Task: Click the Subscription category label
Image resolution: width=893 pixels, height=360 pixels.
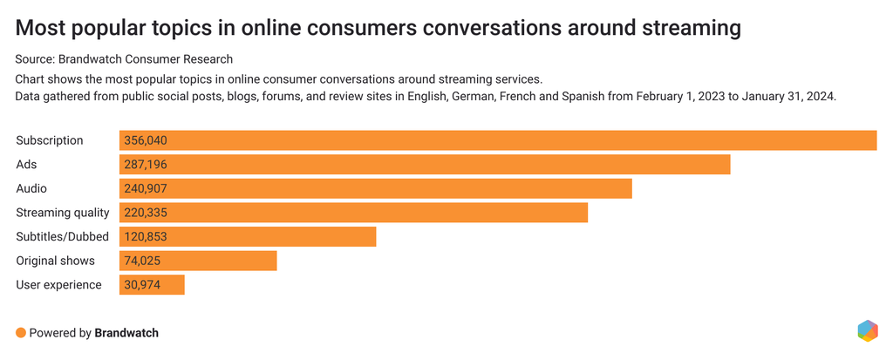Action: tap(50, 140)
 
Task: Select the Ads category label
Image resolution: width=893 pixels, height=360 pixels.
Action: tap(26, 164)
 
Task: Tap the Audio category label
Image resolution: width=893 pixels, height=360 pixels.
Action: tap(31, 188)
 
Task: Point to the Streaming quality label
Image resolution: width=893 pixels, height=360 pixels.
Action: tap(63, 213)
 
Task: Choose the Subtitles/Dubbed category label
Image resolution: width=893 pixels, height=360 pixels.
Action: tap(62, 236)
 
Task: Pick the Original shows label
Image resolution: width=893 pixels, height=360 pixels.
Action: tap(55, 261)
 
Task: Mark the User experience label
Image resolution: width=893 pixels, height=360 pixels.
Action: tap(58, 285)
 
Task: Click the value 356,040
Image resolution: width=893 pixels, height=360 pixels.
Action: tap(145, 140)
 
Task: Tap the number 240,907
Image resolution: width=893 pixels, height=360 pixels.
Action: tap(145, 188)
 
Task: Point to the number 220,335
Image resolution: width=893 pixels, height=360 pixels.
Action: tap(145, 213)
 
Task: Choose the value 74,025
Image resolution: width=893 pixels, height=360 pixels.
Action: tap(141, 261)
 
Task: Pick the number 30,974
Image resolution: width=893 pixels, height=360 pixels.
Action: tap(141, 285)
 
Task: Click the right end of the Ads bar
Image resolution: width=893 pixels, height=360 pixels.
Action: tap(727, 164)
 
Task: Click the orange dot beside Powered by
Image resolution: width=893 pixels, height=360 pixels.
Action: tap(21, 332)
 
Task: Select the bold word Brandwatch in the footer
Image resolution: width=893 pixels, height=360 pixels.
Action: tap(126, 332)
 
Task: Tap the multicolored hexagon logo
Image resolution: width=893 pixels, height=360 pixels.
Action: tap(867, 331)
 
